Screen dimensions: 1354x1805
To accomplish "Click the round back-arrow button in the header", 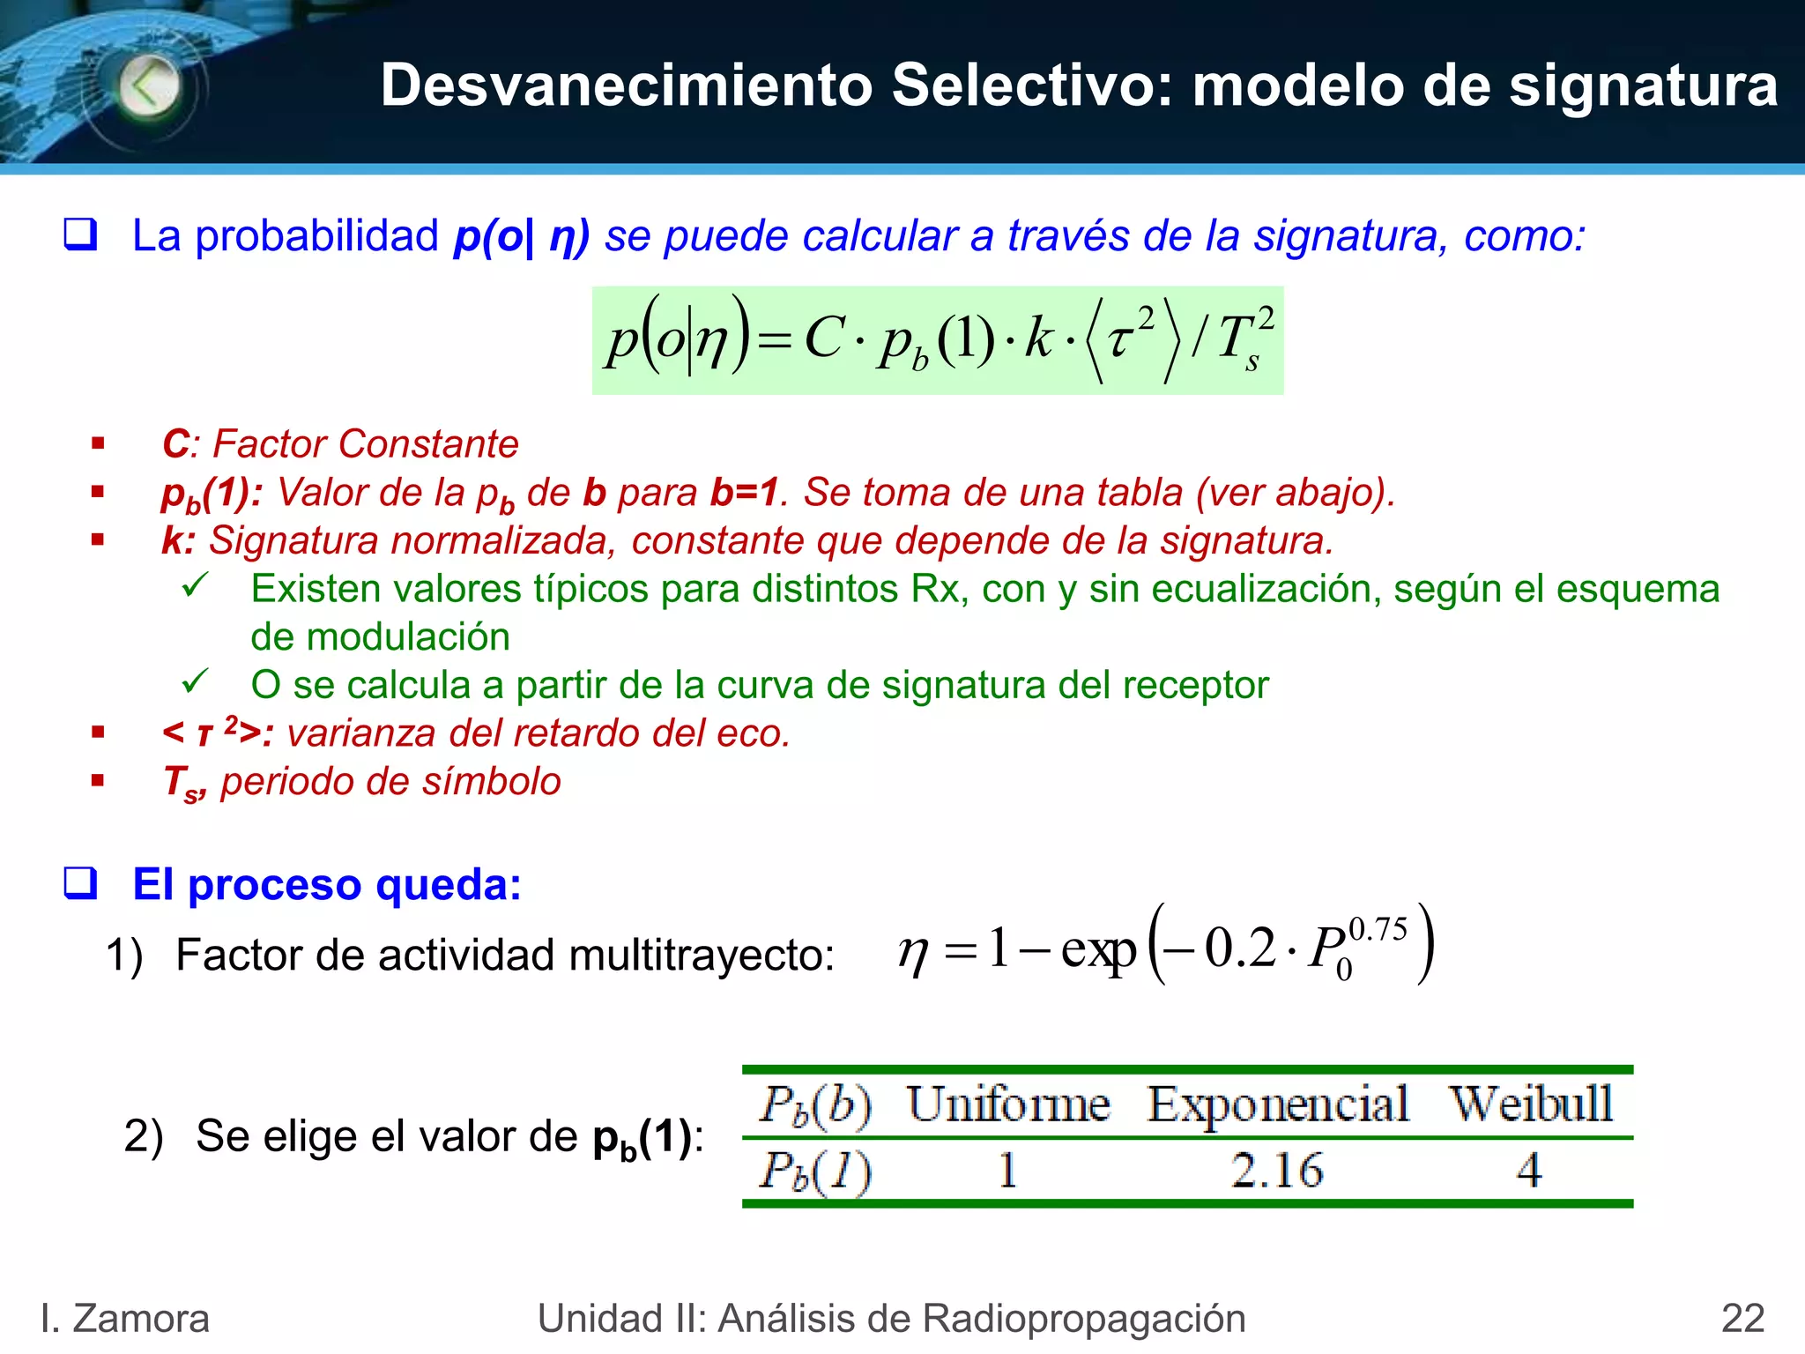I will coord(149,86).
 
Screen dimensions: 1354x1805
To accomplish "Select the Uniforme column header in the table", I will coord(1008,1104).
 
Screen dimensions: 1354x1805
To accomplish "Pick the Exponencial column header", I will coord(1278,1104).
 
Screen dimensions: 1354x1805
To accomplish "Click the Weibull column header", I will coord(1532,1104).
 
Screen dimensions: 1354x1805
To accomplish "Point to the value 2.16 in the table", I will coord(1277,1171).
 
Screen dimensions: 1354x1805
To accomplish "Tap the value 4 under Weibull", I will coord(1529,1171).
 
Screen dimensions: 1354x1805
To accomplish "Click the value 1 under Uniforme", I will coord(1007,1171).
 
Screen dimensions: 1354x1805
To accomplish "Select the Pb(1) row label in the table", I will coord(815,1172).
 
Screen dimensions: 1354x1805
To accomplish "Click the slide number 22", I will coord(1742,1319).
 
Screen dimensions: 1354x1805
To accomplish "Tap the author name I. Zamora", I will coord(125,1319).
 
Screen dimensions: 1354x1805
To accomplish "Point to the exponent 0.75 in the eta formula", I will coord(1378,929).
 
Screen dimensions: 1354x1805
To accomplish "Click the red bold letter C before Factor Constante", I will coord(175,444).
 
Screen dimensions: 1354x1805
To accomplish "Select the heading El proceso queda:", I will coord(327,884).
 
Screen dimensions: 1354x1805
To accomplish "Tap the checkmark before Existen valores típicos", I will coord(194,584).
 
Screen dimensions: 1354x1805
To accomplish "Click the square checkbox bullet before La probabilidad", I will coord(80,235).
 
